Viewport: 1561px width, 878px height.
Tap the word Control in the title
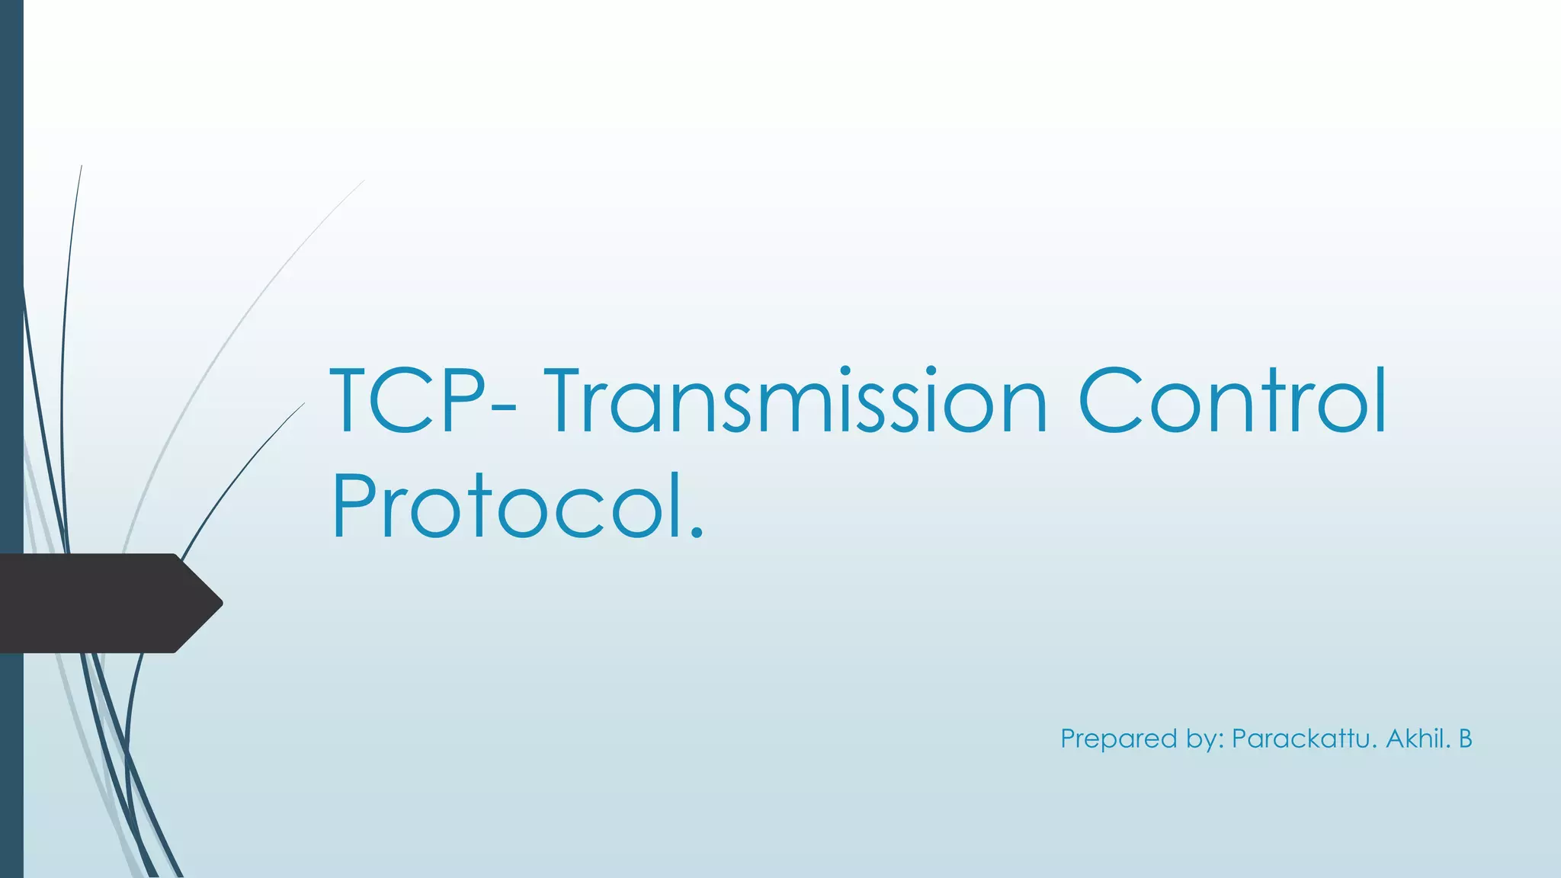click(1232, 401)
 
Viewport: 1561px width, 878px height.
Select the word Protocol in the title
click(506, 506)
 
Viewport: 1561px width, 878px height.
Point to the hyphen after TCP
click(504, 412)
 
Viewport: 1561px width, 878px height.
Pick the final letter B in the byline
click(1465, 739)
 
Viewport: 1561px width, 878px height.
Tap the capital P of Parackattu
click(1241, 739)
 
